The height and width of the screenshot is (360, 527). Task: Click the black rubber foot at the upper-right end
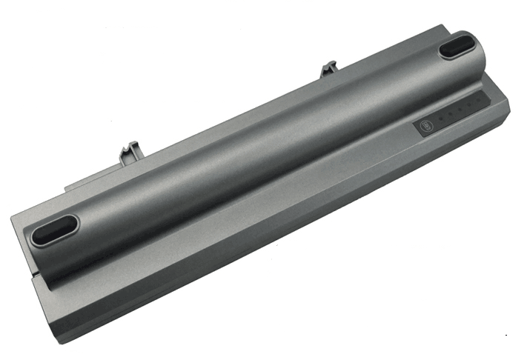coord(460,47)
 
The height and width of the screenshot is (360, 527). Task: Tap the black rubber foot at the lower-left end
coord(56,229)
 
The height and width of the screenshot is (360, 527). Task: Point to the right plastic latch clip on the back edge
coord(329,70)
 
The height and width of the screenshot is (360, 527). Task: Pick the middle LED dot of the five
coord(457,112)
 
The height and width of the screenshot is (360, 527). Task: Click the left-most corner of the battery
coord(11,215)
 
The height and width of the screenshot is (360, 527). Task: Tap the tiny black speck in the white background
coord(506,336)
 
